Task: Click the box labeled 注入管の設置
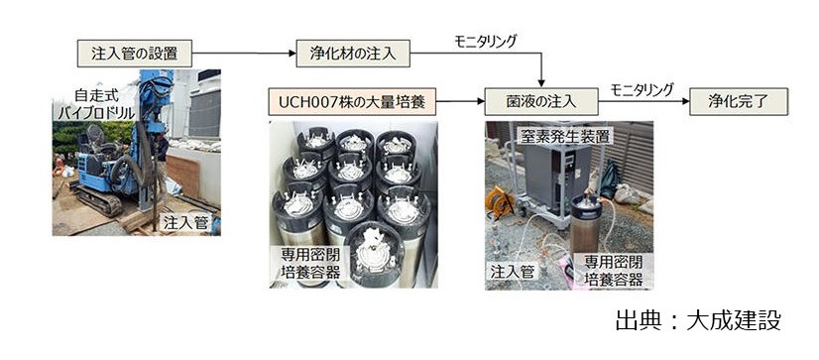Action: tap(134, 52)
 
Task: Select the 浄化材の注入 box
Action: tap(340, 52)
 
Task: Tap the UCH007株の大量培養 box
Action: tap(352, 101)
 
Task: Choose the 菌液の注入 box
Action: tap(540, 101)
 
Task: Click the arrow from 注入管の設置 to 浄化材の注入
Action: tap(243, 52)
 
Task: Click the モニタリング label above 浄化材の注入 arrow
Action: tap(485, 42)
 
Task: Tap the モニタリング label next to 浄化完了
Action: tap(642, 89)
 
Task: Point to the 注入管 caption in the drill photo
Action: tap(181, 224)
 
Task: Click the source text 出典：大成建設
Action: tap(698, 320)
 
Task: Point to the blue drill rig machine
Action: tap(119, 159)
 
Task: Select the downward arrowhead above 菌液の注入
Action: tap(540, 81)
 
